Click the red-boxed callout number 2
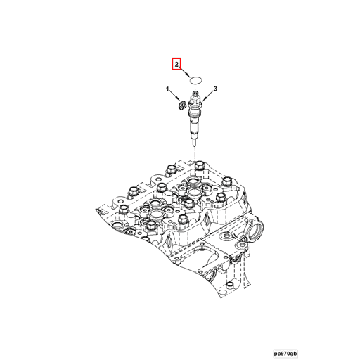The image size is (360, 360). click(x=176, y=64)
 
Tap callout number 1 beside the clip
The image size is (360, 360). click(x=167, y=89)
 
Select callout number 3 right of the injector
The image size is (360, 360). click(x=215, y=89)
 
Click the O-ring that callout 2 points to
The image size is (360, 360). click(x=195, y=80)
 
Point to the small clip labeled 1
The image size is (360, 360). click(x=181, y=105)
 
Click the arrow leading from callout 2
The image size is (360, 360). click(x=185, y=72)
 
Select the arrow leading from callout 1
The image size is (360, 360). click(x=174, y=97)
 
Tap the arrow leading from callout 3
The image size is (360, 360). click(x=208, y=96)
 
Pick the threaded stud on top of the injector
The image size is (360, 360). click(x=195, y=94)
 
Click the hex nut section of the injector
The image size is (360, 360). click(x=194, y=103)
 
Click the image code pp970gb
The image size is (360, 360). click(x=285, y=353)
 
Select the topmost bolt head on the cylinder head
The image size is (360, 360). click(x=200, y=166)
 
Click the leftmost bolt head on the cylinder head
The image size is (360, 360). click(x=124, y=209)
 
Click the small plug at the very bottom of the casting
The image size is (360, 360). click(x=230, y=285)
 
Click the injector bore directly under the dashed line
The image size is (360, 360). click(x=195, y=181)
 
